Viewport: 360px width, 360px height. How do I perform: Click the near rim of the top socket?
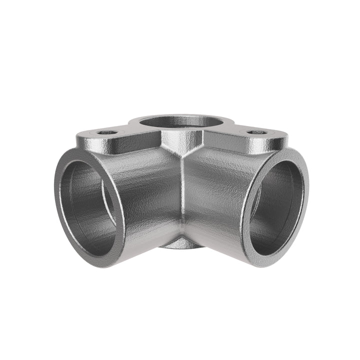pos(181,131)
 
